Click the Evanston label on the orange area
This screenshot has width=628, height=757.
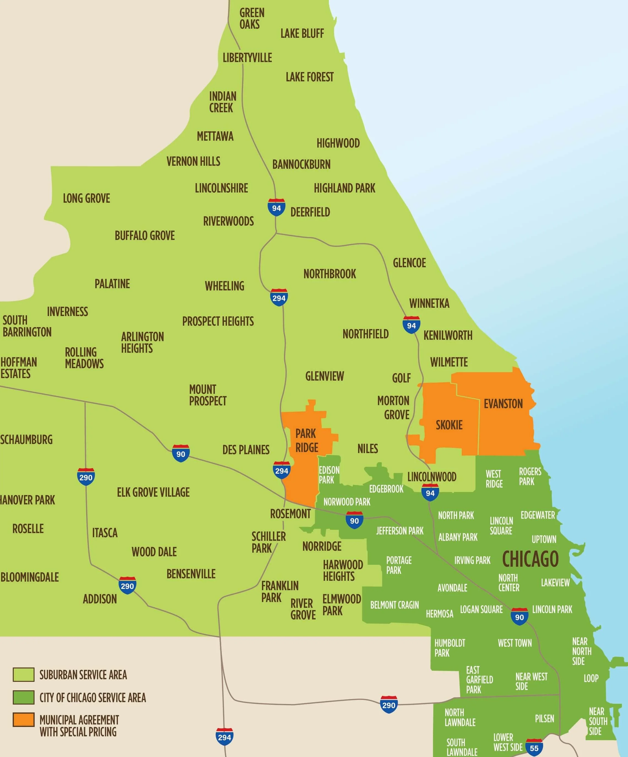[503, 404]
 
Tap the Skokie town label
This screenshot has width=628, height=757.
[449, 425]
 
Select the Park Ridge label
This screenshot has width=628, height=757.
[307, 440]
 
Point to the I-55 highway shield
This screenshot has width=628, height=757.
[534, 748]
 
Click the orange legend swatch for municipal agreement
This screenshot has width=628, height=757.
[23, 719]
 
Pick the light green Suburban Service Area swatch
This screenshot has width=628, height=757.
[23, 675]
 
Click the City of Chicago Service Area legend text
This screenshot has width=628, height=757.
[93, 697]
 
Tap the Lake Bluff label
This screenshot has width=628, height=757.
[302, 34]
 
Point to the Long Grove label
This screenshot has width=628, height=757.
[86, 198]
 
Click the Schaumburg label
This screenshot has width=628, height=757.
[26, 439]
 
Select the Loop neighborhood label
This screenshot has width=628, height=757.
[591, 678]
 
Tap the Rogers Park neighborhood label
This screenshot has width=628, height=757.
[530, 476]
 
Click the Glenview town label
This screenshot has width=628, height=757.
[324, 376]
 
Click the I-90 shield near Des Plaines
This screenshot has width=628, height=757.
[181, 453]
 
